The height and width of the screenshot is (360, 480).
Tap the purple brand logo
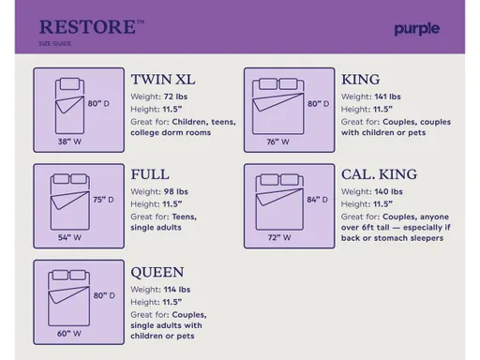coord(416,28)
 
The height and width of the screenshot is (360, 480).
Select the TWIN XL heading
coord(172,79)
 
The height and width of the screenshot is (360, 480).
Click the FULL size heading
coord(151,175)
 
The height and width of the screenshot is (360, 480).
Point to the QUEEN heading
coord(157,272)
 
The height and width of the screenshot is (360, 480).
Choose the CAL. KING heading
coord(380,175)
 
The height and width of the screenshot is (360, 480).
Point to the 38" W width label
coord(70,142)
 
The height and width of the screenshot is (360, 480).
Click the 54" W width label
coord(70,238)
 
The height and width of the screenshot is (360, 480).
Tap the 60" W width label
coord(70,334)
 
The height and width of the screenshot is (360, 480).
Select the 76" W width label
coord(277,142)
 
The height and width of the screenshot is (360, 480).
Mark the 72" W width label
coord(277,238)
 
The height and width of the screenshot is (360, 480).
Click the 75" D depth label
coord(103,200)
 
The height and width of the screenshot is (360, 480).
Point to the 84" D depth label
coord(318,200)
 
